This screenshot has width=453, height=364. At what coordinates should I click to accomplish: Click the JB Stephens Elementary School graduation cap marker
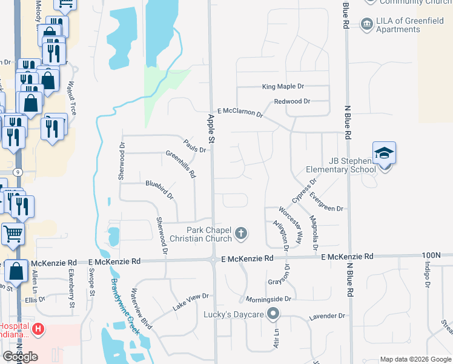tap(384, 153)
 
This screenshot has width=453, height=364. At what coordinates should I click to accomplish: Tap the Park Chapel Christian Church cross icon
tap(241, 232)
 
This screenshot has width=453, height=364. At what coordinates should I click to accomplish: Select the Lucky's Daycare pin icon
tap(273, 314)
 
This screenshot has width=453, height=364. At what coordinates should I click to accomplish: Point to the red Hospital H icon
tap(38, 329)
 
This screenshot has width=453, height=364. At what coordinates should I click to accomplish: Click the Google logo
tap(20, 357)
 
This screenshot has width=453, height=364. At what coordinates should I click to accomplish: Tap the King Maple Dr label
tap(283, 87)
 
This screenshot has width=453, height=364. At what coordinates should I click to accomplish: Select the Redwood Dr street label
tap(292, 101)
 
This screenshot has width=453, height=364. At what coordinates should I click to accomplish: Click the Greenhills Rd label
tap(181, 164)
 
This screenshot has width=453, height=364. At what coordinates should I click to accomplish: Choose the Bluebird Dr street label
tap(159, 189)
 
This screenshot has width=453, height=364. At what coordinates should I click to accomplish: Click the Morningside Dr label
tap(269, 299)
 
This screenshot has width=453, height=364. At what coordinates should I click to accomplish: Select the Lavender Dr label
tap(326, 316)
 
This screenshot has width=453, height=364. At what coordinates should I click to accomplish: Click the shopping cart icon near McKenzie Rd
tap(13, 234)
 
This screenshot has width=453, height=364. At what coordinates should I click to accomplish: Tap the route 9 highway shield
tap(19, 172)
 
